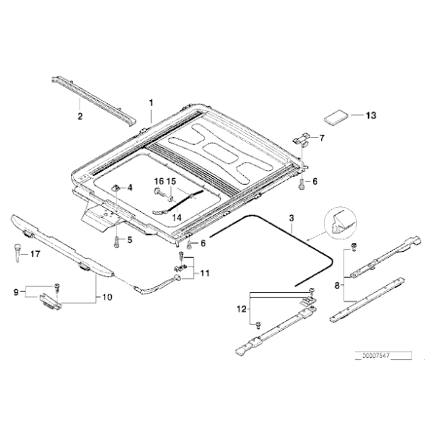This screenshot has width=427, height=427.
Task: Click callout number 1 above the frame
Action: [x=152, y=102]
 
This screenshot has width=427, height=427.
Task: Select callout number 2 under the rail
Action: [x=81, y=116]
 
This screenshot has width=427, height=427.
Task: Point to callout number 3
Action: [x=292, y=219]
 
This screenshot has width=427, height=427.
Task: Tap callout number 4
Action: [x=130, y=188]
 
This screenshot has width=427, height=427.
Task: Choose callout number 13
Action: [x=370, y=116]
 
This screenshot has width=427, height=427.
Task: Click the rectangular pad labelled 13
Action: [x=337, y=118]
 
